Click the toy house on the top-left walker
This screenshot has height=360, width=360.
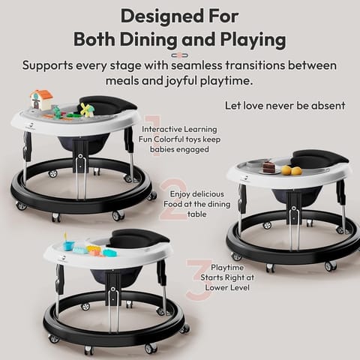click(x=41, y=100)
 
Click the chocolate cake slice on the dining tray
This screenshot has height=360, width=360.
click(x=268, y=167)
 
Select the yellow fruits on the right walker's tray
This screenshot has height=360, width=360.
click(x=291, y=170)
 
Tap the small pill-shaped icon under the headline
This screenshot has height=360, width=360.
click(x=180, y=55)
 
